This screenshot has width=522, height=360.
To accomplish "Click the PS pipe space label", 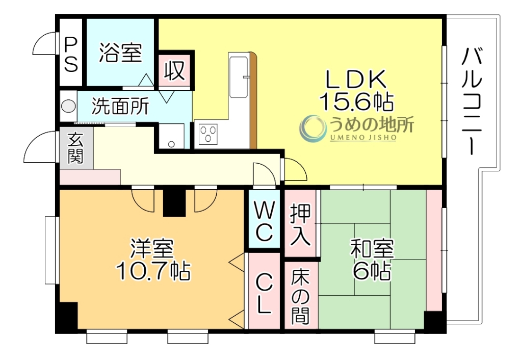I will [x=71, y=53].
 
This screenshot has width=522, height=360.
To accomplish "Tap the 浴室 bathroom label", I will [x=120, y=53].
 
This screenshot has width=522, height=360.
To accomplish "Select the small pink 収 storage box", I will [x=174, y=70].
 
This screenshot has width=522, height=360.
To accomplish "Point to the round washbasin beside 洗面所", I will [x=68, y=107].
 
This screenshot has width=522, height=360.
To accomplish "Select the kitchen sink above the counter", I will [x=238, y=75].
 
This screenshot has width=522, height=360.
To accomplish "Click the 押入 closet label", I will [x=300, y=224].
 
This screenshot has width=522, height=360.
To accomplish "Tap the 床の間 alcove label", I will [x=300, y=296].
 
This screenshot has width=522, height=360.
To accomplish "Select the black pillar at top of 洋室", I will [x=174, y=202].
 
